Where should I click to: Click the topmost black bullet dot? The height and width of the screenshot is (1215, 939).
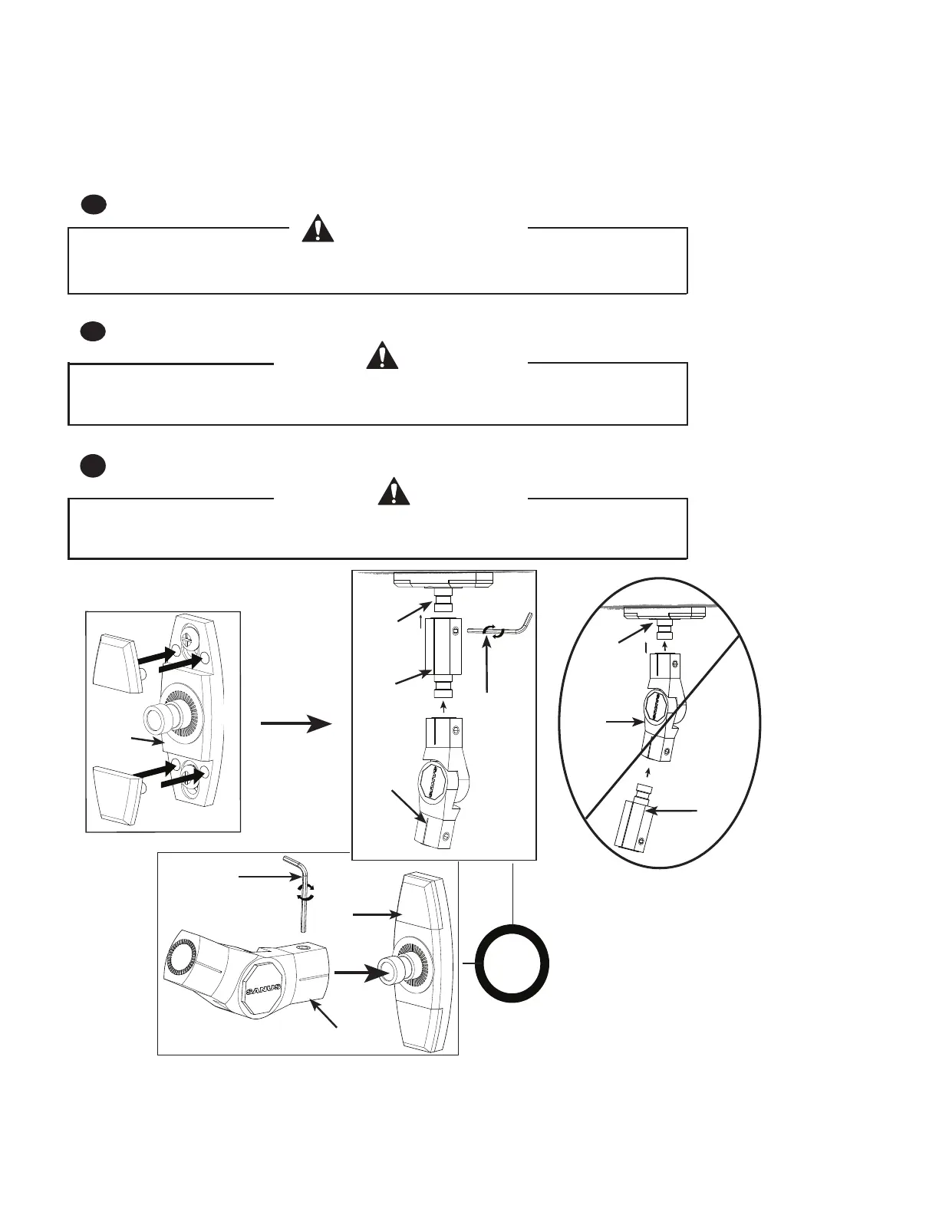(x=93, y=204)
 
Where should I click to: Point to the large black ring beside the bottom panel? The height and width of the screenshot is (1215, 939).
(x=512, y=963)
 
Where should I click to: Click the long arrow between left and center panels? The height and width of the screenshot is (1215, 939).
(x=296, y=723)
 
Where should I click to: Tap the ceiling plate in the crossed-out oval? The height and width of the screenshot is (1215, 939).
(x=667, y=612)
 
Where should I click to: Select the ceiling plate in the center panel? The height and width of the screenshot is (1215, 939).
(x=443, y=581)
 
